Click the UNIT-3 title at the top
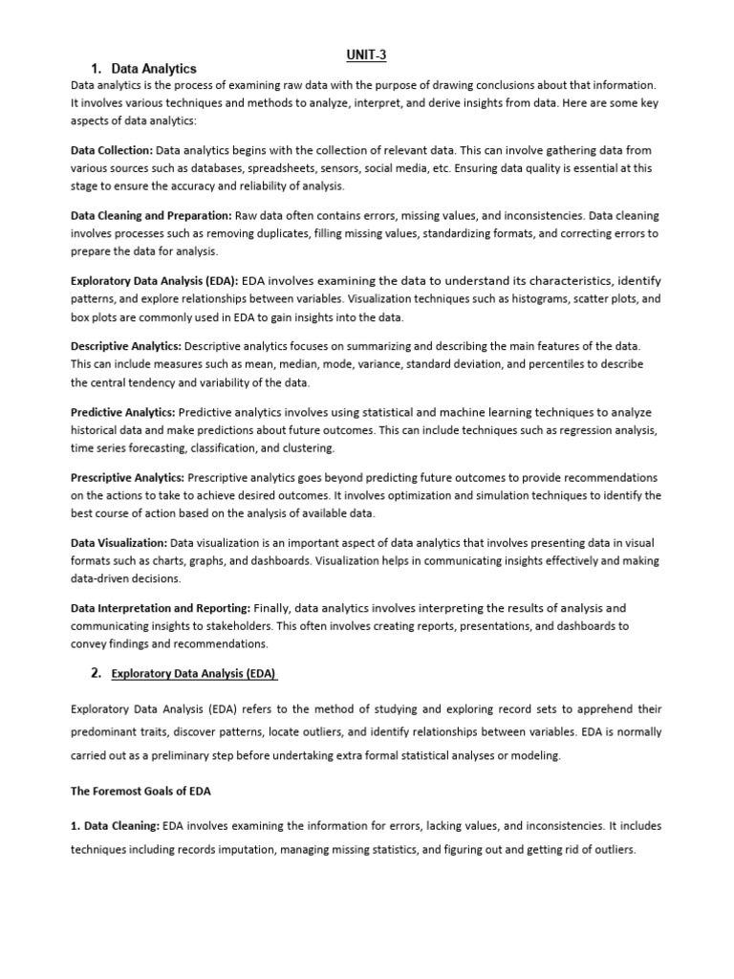click(x=366, y=54)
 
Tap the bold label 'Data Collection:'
click(x=112, y=150)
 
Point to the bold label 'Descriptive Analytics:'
click(x=126, y=346)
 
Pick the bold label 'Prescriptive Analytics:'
click(x=128, y=477)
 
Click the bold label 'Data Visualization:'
click(x=119, y=543)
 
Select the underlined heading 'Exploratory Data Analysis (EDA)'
click(x=194, y=674)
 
